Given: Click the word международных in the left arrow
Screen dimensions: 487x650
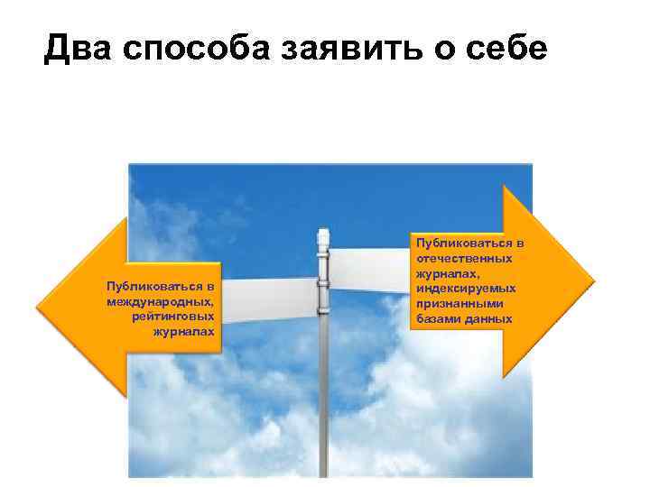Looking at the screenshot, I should (x=159, y=300).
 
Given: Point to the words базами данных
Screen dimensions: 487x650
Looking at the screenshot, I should (x=463, y=319).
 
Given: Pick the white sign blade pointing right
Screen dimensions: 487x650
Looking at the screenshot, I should (x=370, y=266).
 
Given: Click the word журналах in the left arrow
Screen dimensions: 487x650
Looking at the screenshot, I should (x=186, y=332).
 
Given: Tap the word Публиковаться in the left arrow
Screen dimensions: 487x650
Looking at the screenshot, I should (x=160, y=285).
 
